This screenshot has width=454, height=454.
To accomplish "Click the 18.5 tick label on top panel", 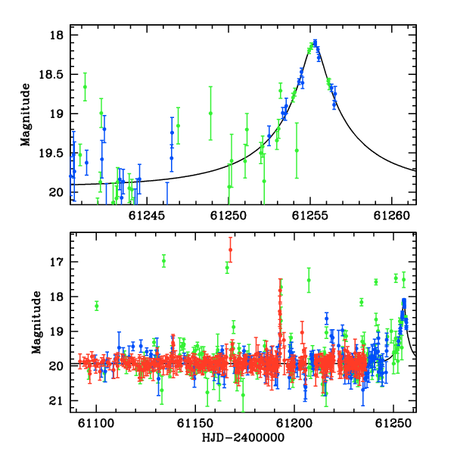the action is click(50, 75).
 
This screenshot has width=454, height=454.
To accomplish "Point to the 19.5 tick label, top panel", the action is click(50, 154).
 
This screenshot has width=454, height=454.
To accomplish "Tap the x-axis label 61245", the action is click(147, 216).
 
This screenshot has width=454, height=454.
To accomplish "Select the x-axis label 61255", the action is click(309, 216).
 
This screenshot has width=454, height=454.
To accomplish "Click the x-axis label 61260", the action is click(391, 216).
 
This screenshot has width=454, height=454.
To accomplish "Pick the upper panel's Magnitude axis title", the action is click(25, 115).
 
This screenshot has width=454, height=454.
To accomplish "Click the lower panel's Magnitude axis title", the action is click(36, 322).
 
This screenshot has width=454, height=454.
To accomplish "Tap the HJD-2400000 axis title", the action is click(243, 437).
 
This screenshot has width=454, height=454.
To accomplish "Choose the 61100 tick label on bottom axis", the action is click(96, 423).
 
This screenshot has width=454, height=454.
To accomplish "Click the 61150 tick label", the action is click(195, 423).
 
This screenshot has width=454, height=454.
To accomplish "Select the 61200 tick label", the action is click(294, 423).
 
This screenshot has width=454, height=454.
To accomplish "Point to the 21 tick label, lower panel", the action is click(56, 401).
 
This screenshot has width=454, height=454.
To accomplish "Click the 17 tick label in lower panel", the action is click(56, 262).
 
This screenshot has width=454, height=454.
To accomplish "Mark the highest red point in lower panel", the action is click(231, 250).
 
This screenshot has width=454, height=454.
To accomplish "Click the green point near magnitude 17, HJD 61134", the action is click(164, 261).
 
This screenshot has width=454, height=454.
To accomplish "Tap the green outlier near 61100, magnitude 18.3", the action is click(97, 306).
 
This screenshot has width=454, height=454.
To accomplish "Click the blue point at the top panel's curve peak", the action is click(315, 43).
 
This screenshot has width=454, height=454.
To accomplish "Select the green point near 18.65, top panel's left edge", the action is click(85, 87).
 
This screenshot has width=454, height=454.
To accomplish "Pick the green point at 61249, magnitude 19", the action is click(210, 113).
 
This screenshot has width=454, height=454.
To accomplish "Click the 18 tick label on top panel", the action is click(56, 36).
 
